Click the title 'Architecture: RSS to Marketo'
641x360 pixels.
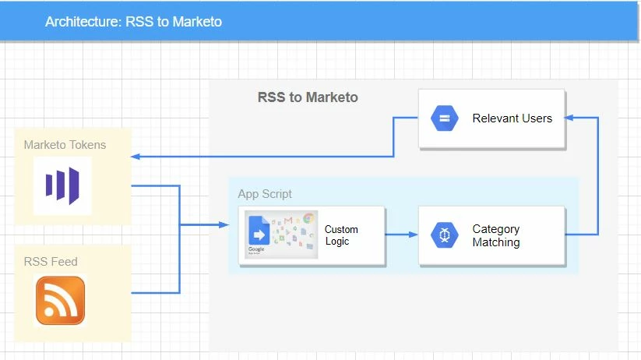click(x=133, y=22)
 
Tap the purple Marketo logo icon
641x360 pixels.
click(x=62, y=185)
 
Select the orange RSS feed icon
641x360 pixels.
click(x=61, y=301)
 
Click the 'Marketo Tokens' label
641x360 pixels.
click(x=65, y=145)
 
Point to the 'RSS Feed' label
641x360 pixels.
click(x=51, y=262)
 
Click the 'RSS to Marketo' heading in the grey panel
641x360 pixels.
click(x=308, y=97)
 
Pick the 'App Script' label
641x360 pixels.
click(x=265, y=194)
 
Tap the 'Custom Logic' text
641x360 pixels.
click(x=341, y=235)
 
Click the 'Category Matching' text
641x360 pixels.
click(x=496, y=235)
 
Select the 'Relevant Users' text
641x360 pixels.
click(x=512, y=118)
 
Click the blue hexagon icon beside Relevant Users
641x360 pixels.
click(x=445, y=119)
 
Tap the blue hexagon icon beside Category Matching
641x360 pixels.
click(x=445, y=235)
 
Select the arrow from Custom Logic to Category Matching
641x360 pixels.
click(x=402, y=235)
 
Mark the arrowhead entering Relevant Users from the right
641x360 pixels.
click(x=570, y=118)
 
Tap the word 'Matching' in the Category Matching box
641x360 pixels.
click(x=496, y=242)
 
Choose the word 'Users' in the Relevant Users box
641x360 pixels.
click(x=536, y=118)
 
